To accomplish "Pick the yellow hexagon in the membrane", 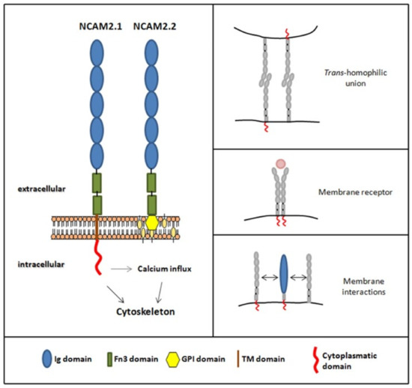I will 152,222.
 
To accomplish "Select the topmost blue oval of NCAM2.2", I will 152,56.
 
